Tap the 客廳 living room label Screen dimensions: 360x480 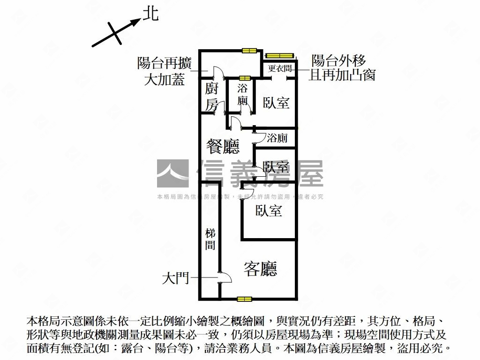(x=261, y=269)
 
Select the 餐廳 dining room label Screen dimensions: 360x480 (x=224, y=146)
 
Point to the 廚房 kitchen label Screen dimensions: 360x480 (x=212, y=97)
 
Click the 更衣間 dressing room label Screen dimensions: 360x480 (x=280, y=68)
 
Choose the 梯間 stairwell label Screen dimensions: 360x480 (x=210, y=239)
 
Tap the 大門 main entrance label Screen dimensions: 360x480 (x=175, y=279)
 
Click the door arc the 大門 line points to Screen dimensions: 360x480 (x=225, y=278)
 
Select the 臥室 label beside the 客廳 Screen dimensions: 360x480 (x=269, y=211)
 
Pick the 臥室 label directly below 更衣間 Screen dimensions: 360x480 (x=276, y=103)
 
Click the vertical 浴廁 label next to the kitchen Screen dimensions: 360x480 (x=242, y=94)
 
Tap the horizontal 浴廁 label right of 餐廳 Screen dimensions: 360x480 (x=277, y=138)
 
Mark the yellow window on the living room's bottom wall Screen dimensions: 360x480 (x=244, y=299)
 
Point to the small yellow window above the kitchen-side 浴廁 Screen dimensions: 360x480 (x=244, y=78)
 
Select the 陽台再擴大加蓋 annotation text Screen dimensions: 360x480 (x=164, y=71)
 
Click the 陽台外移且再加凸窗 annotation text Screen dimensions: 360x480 (x=341, y=67)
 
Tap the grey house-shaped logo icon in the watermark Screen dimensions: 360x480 (x=172, y=173)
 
